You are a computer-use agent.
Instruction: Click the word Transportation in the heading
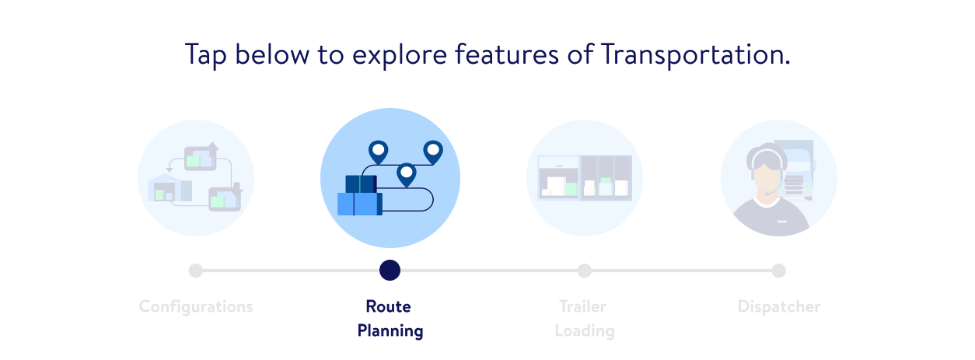(695, 54)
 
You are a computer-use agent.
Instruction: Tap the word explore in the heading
(399, 55)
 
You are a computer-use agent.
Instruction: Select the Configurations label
(196, 307)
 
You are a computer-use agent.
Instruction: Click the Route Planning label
(390, 318)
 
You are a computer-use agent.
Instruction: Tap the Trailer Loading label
(584, 318)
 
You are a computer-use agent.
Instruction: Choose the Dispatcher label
(779, 306)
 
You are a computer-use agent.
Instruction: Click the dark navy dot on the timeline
(390, 271)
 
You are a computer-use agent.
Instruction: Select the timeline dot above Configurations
(195, 271)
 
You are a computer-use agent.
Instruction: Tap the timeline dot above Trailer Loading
(584, 271)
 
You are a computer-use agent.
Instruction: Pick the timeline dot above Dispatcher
(779, 271)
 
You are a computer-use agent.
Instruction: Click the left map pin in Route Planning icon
(378, 152)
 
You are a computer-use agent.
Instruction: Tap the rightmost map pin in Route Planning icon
(433, 152)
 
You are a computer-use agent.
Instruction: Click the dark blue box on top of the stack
(362, 184)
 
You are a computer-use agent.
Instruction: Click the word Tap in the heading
(206, 55)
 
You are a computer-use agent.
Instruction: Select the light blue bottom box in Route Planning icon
(360, 204)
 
